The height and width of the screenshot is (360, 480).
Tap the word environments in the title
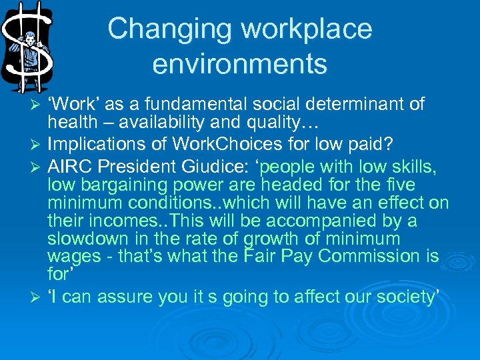239,64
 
